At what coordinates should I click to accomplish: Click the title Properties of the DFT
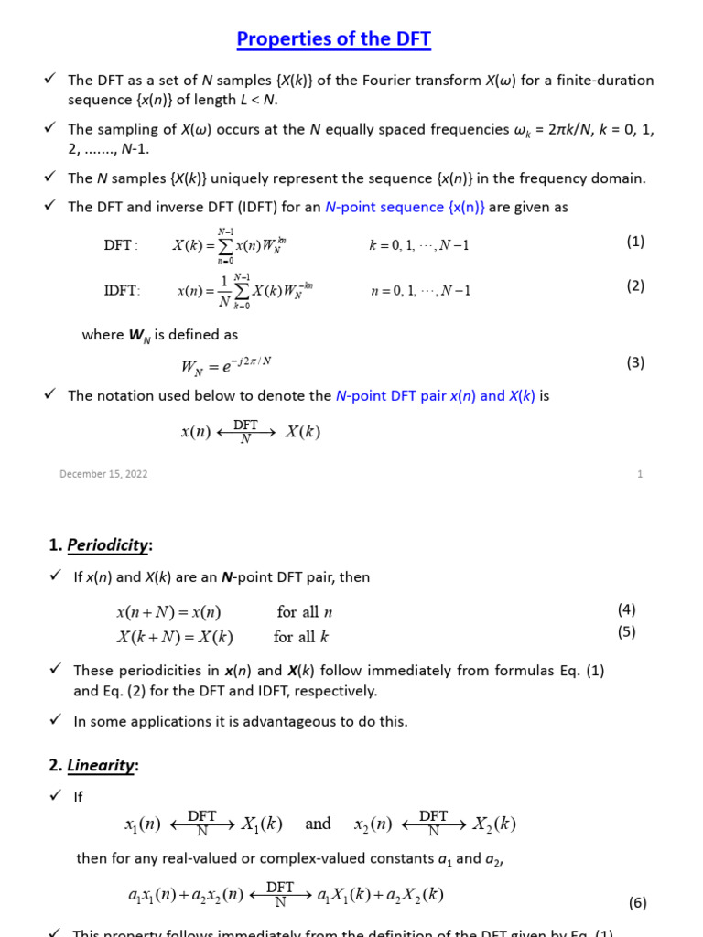(333, 39)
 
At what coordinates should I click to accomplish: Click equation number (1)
(635, 242)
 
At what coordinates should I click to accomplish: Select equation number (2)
(635, 285)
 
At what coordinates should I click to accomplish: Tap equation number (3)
(635, 362)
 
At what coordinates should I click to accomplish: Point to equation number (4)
(626, 609)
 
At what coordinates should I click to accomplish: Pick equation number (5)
(626, 631)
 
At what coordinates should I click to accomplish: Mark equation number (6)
(637, 902)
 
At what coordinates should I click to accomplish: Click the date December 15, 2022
(103, 474)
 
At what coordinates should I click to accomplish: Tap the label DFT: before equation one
(121, 245)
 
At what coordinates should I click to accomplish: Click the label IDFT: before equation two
(123, 291)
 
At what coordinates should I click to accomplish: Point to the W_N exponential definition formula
(226, 365)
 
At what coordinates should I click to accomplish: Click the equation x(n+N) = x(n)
(168, 612)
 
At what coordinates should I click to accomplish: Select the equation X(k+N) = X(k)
(174, 637)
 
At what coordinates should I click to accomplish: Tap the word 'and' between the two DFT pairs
(318, 824)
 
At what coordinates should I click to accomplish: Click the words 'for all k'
(300, 637)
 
